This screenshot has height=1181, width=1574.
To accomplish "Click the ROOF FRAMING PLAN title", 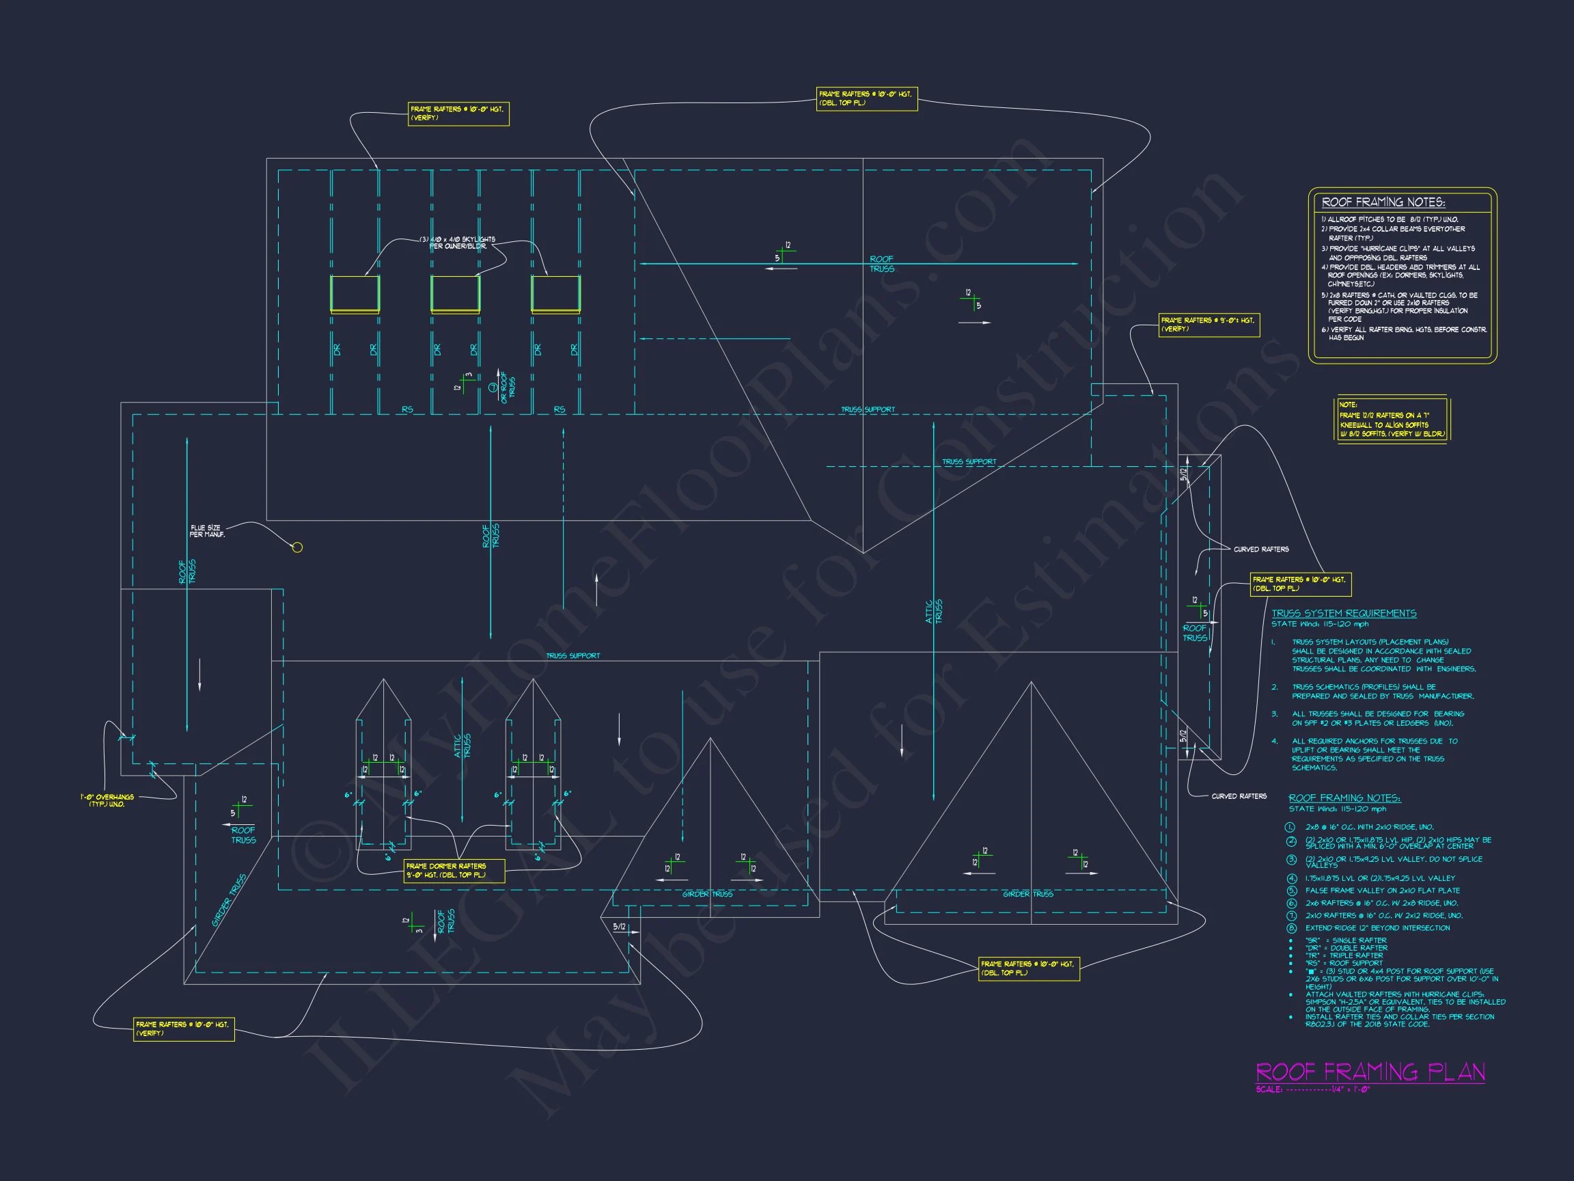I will (1370, 1072).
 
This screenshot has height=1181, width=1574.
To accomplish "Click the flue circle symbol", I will (297, 547).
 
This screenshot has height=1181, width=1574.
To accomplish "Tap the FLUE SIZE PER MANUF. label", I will (206, 531).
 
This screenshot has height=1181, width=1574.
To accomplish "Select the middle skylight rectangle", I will (456, 294).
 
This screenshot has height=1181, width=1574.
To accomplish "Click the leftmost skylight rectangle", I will (355, 294).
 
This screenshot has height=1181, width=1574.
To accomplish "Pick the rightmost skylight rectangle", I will (555, 294).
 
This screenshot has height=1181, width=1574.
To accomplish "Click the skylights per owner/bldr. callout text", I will (462, 243).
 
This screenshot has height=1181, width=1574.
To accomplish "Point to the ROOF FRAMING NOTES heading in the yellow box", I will (1383, 202).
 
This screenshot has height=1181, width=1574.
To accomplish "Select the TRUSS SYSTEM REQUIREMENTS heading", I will (1344, 613).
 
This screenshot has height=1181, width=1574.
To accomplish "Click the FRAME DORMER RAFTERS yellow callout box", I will (454, 871).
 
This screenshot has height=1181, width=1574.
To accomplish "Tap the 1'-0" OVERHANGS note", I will (107, 800).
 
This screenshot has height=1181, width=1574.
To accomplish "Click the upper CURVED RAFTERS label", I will (1261, 549).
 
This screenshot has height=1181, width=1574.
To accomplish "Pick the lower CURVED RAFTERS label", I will (1239, 796).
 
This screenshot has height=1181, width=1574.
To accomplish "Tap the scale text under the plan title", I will (1313, 1090).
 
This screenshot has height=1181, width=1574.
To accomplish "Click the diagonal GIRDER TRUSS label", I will (229, 901).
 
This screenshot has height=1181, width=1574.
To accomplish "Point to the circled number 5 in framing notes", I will (1291, 891).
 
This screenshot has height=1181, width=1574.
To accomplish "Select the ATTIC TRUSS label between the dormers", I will (463, 746).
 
